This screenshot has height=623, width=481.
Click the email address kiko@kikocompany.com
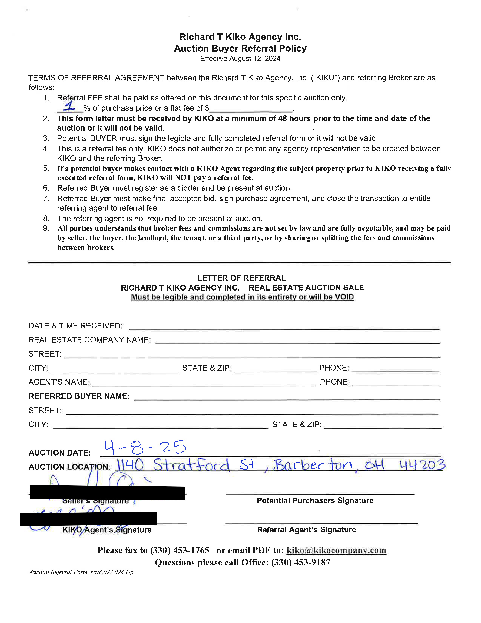(336, 550)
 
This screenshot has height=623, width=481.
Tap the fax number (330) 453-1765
(180, 550)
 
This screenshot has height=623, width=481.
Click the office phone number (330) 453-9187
(301, 563)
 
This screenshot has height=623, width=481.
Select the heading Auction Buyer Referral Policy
(240, 49)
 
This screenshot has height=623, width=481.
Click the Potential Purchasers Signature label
(315, 501)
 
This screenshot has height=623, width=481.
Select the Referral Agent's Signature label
(306, 530)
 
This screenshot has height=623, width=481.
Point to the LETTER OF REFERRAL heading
(241, 278)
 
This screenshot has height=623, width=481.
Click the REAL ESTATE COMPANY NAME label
(89, 340)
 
